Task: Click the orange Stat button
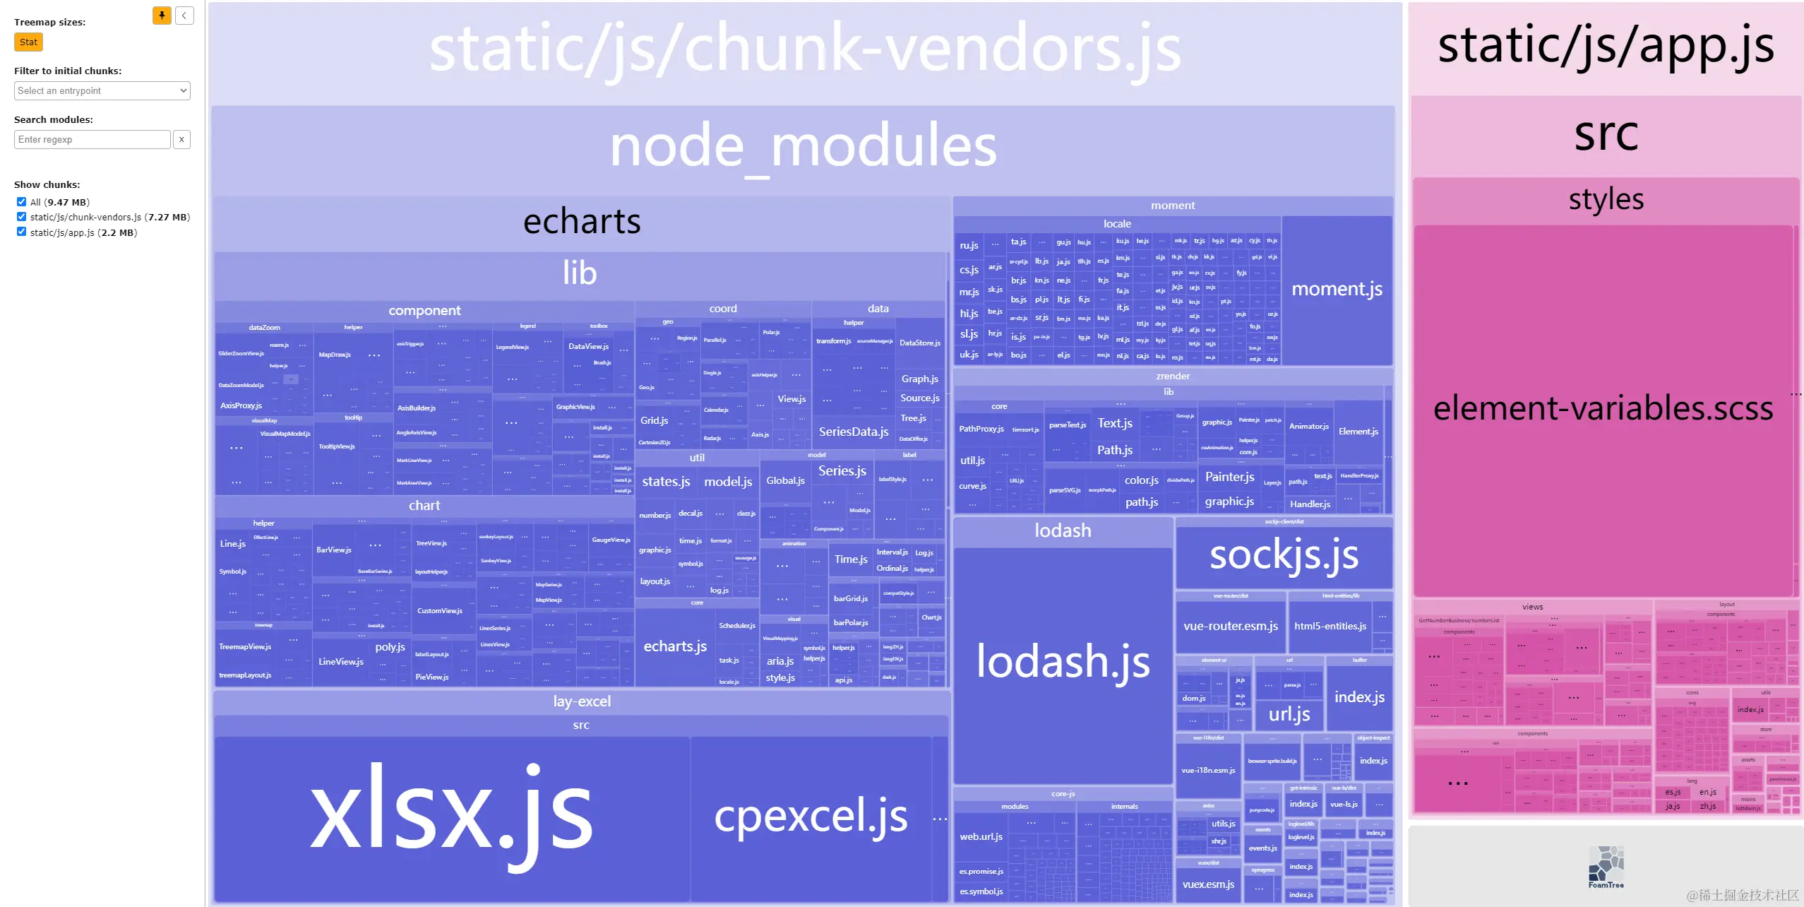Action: pos(28,42)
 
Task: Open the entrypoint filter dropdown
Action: pos(102,90)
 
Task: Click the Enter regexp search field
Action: pos(92,139)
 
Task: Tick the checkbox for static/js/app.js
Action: pos(21,232)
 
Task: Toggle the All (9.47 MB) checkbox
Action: pos(21,201)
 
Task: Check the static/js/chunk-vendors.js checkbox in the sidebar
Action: pos(21,217)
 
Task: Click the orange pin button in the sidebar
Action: pos(162,16)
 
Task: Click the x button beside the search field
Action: pos(181,139)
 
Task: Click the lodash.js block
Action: pos(1062,663)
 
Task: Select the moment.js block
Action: pos(1337,289)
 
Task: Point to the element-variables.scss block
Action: pos(1602,409)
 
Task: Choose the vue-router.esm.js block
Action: pos(1230,627)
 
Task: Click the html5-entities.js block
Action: pos(1330,627)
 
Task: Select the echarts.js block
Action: pos(675,646)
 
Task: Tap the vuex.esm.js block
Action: pos(1208,884)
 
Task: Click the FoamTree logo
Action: pos(1606,866)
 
